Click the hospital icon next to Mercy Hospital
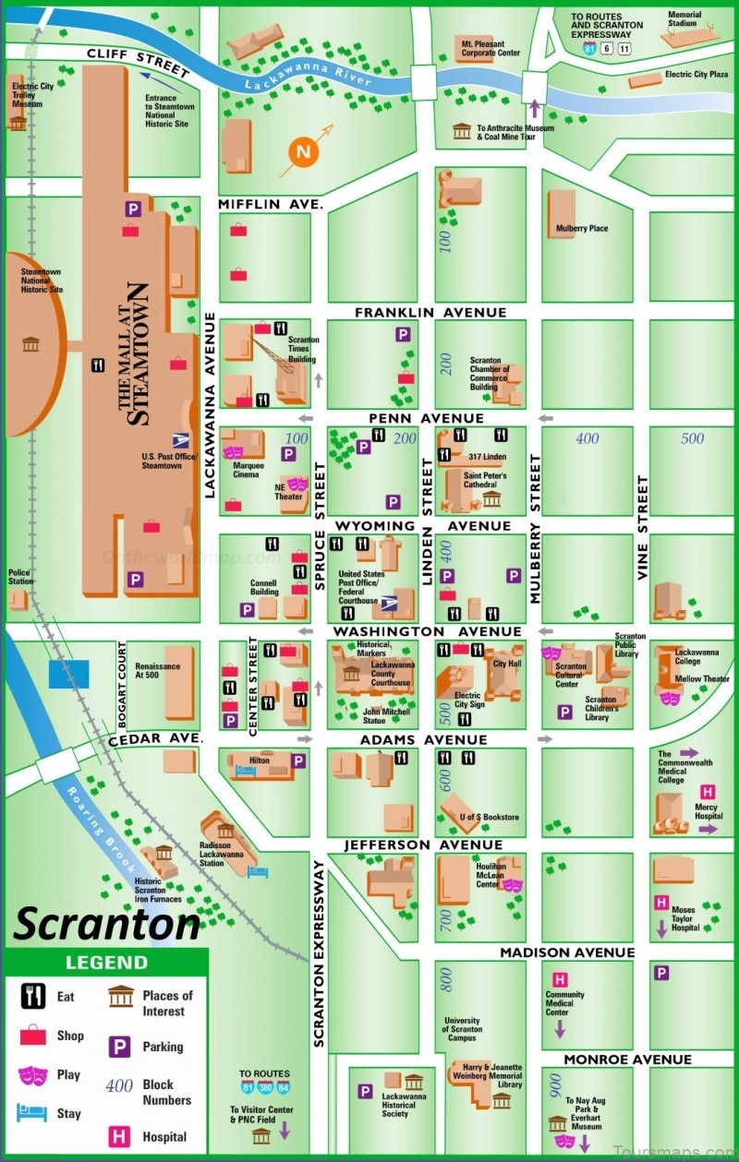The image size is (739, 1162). (708, 792)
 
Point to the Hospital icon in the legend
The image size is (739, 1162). (120, 1137)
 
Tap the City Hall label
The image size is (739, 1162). (507, 664)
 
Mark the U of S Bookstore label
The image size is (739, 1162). (490, 817)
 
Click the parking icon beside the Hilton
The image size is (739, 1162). (298, 761)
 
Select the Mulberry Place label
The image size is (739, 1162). (582, 228)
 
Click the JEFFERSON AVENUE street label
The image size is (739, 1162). (424, 845)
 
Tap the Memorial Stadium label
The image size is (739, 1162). (684, 19)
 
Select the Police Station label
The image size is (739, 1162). (20, 577)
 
